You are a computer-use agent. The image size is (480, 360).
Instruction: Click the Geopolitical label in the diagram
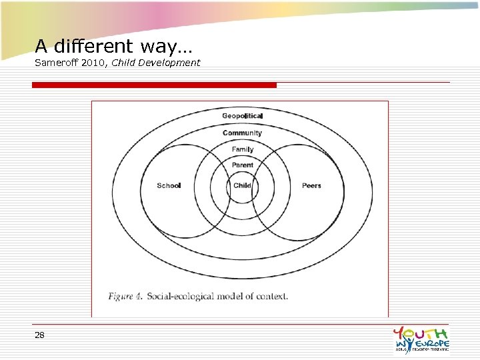click(x=243, y=116)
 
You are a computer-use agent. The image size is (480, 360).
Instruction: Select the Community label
click(x=243, y=133)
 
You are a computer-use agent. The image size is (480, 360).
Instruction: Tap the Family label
click(x=243, y=150)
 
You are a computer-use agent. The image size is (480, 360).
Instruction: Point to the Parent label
click(x=243, y=165)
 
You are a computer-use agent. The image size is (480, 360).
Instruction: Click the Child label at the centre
click(x=243, y=185)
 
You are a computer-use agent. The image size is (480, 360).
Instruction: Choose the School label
click(x=169, y=185)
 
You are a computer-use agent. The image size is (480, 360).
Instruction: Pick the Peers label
click(x=311, y=185)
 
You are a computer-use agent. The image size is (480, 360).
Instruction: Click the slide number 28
click(x=39, y=335)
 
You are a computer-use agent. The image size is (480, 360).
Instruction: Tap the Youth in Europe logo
click(x=421, y=339)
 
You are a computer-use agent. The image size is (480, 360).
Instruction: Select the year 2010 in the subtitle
click(x=99, y=63)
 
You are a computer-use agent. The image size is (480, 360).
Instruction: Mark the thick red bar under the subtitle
click(x=154, y=85)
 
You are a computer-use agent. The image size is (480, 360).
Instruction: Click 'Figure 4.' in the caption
click(x=125, y=297)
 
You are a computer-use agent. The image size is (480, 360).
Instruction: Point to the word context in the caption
click(x=271, y=297)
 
